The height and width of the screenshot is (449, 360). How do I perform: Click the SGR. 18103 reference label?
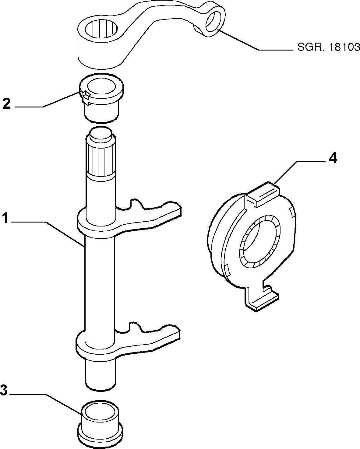328,47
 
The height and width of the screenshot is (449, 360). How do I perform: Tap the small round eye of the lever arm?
213,22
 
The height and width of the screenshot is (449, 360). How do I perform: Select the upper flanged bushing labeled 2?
101,97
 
